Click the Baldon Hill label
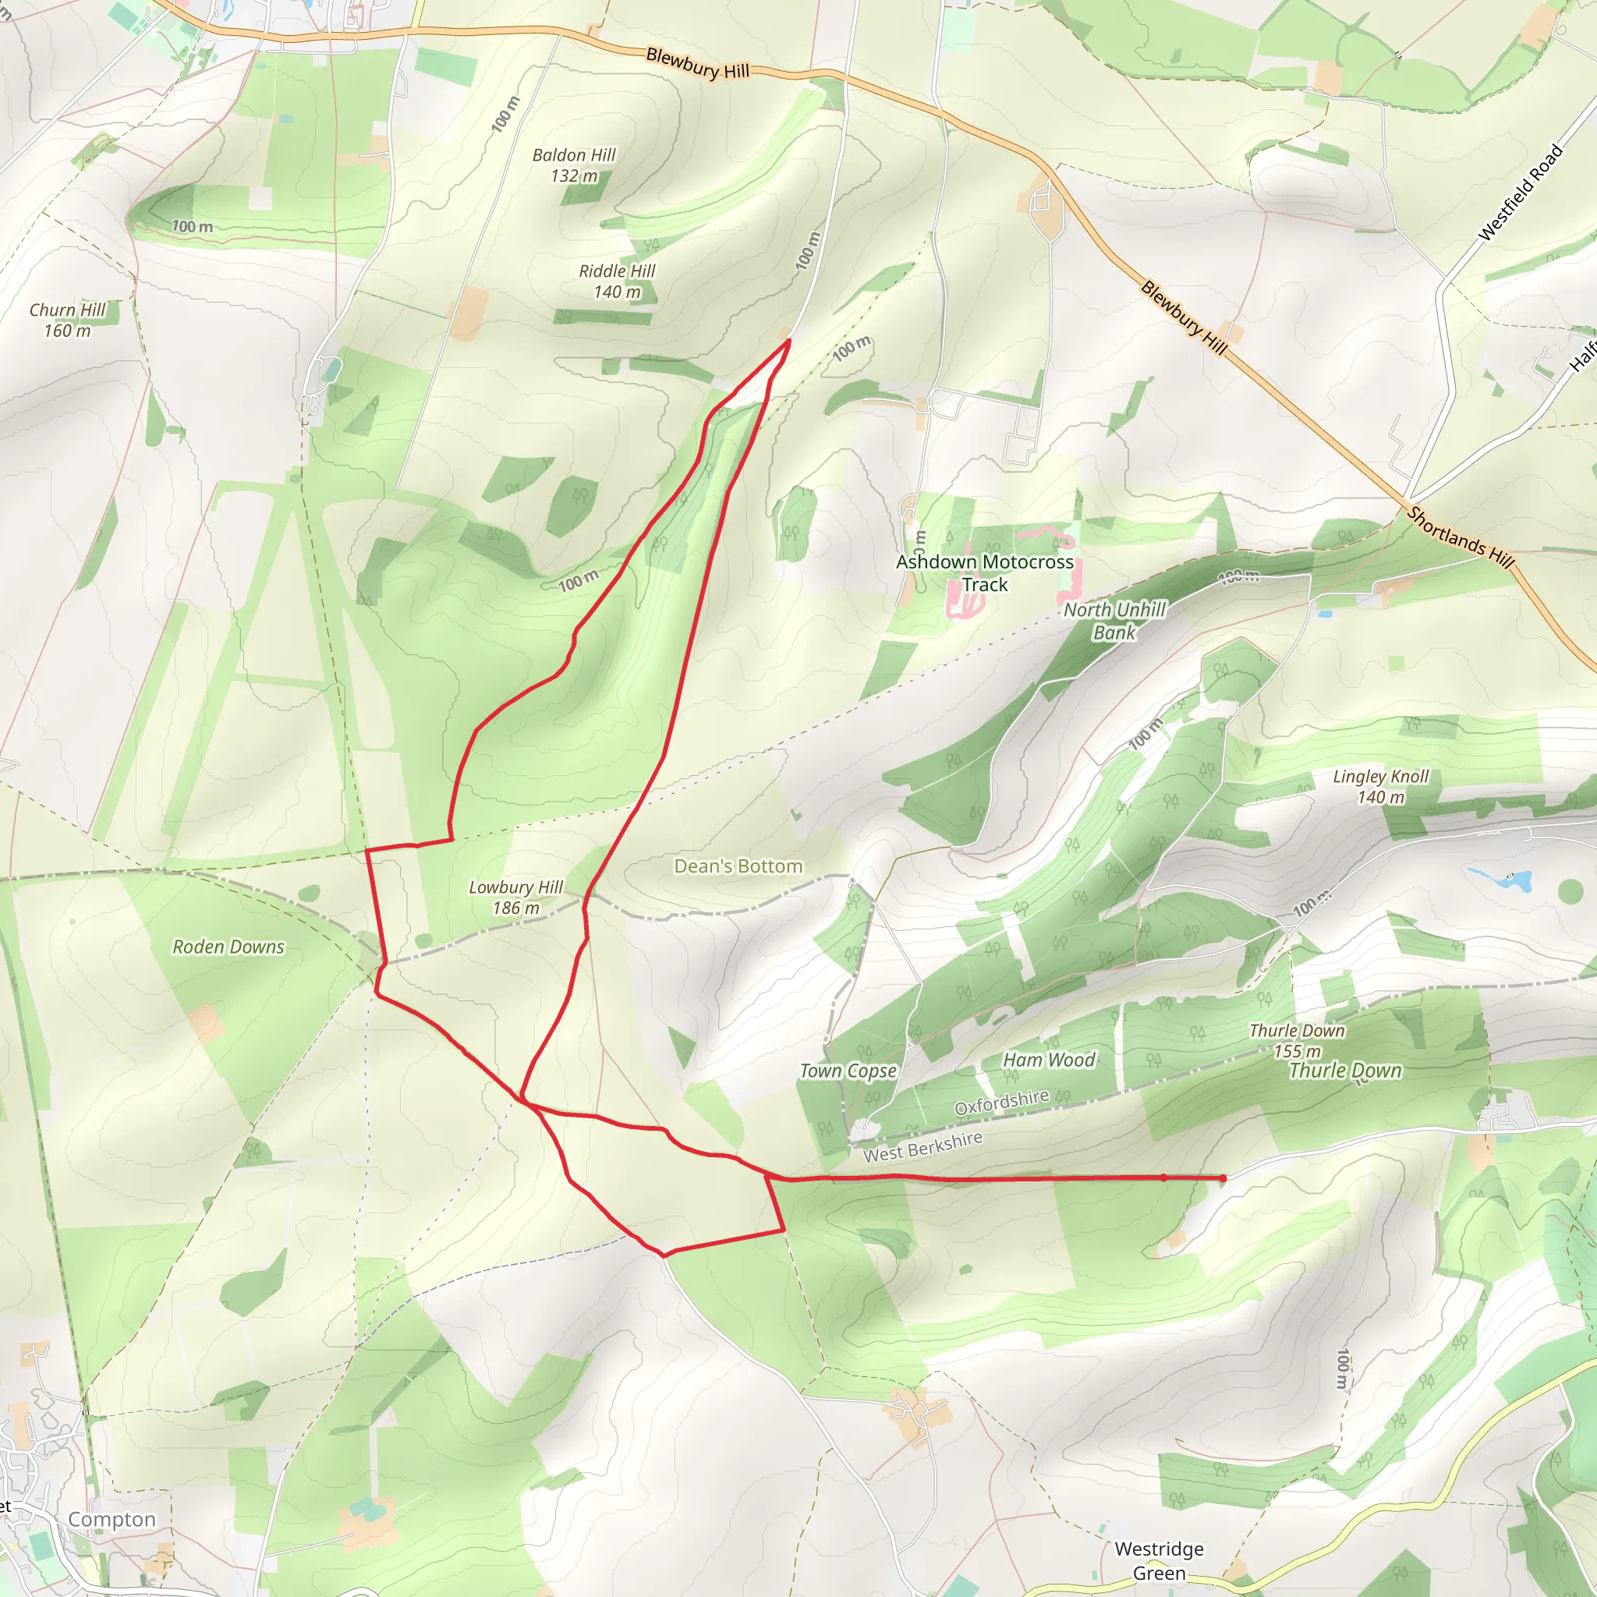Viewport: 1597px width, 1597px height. [574, 165]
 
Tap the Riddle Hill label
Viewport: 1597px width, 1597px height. [617, 281]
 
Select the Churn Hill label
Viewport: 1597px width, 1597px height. [68, 320]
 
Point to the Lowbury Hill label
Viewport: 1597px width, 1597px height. [515, 897]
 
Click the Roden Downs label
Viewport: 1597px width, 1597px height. [228, 947]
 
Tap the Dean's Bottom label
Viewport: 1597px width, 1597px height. [738, 866]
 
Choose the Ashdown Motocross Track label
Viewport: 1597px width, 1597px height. [985, 573]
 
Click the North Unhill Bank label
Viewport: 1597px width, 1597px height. [1114, 621]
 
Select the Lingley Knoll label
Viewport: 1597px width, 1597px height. [1380, 786]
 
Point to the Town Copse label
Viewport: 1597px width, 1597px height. [848, 1071]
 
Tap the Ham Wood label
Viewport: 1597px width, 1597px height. [1049, 1060]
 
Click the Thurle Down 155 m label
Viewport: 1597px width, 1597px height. [1297, 1041]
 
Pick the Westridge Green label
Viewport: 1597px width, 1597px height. [1159, 1560]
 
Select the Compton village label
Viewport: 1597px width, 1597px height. [112, 1519]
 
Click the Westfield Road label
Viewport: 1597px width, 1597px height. [1520, 193]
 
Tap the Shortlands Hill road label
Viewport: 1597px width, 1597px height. [1461, 537]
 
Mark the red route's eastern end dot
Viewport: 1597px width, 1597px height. [1223, 1178]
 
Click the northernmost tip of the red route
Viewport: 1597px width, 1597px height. [788, 340]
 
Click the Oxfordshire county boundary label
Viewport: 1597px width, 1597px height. [1001, 1103]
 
